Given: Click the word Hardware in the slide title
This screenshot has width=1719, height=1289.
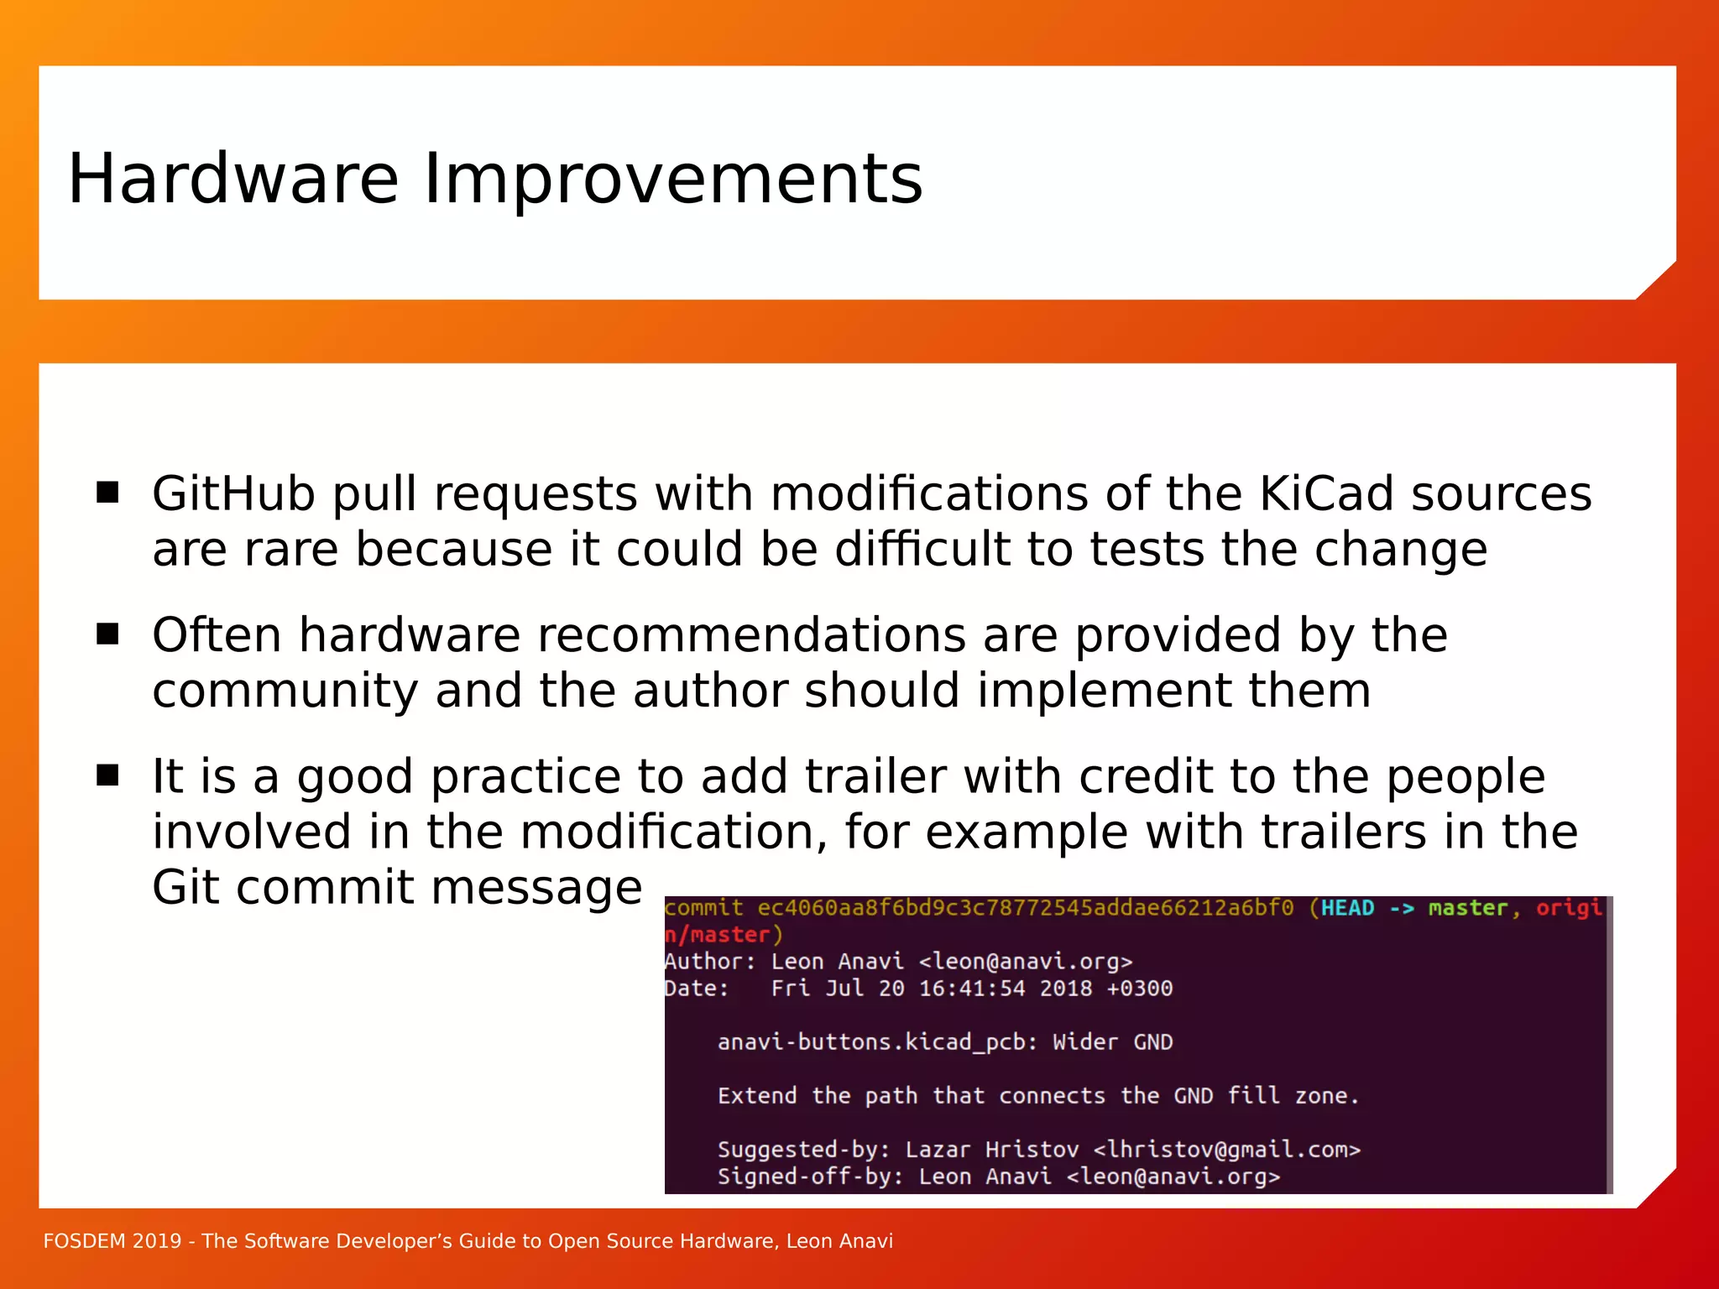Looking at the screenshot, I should [233, 179].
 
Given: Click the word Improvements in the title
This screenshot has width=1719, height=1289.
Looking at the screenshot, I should [672, 180].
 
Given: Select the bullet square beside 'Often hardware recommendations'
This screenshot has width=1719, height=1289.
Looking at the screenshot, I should [107, 634].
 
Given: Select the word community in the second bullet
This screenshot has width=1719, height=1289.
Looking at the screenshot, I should [285, 691].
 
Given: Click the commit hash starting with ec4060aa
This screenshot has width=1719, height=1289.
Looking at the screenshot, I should [1025, 908].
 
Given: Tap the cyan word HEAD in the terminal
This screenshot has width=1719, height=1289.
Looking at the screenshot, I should [1347, 908].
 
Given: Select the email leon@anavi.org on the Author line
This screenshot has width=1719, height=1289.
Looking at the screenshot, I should [1026, 962].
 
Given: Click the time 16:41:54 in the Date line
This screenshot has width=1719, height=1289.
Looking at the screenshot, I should [972, 989].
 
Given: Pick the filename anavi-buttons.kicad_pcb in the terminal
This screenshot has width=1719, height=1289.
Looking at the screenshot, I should [871, 1042].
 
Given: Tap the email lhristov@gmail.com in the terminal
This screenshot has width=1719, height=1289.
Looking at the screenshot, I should [1226, 1150].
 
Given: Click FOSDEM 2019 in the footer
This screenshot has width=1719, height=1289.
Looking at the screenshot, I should [112, 1241].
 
